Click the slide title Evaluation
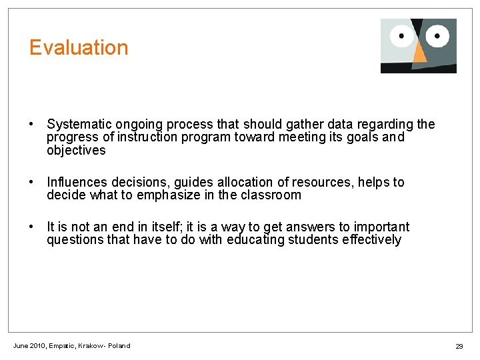(x=79, y=48)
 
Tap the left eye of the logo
(x=403, y=35)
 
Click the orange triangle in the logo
(x=419, y=53)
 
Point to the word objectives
(x=76, y=151)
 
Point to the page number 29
(x=459, y=347)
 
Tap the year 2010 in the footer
(x=37, y=346)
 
